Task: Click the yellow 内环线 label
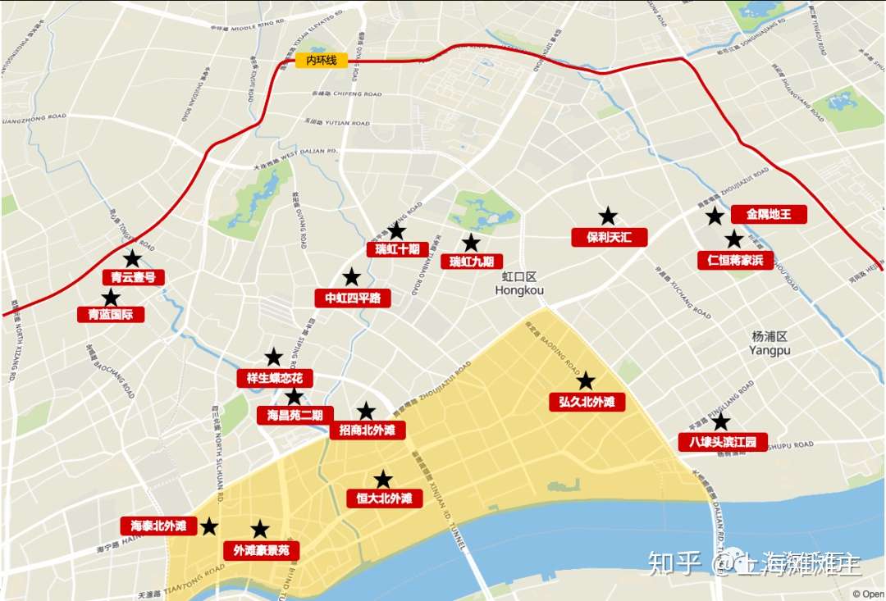click(x=322, y=60)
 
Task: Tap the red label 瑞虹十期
click(x=397, y=249)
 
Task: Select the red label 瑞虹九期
click(x=472, y=262)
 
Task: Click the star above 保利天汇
click(x=608, y=216)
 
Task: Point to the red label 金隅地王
click(x=769, y=215)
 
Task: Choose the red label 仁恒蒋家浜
click(x=735, y=261)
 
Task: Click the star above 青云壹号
click(x=132, y=258)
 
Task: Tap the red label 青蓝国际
click(x=111, y=314)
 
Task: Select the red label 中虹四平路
click(x=353, y=298)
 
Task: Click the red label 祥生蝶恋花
click(x=275, y=378)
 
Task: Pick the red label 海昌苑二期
click(x=295, y=415)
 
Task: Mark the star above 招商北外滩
click(x=366, y=412)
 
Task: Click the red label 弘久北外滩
click(x=587, y=402)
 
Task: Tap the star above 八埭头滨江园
click(x=720, y=421)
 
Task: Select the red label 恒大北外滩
click(x=384, y=499)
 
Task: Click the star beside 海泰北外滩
click(x=210, y=526)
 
